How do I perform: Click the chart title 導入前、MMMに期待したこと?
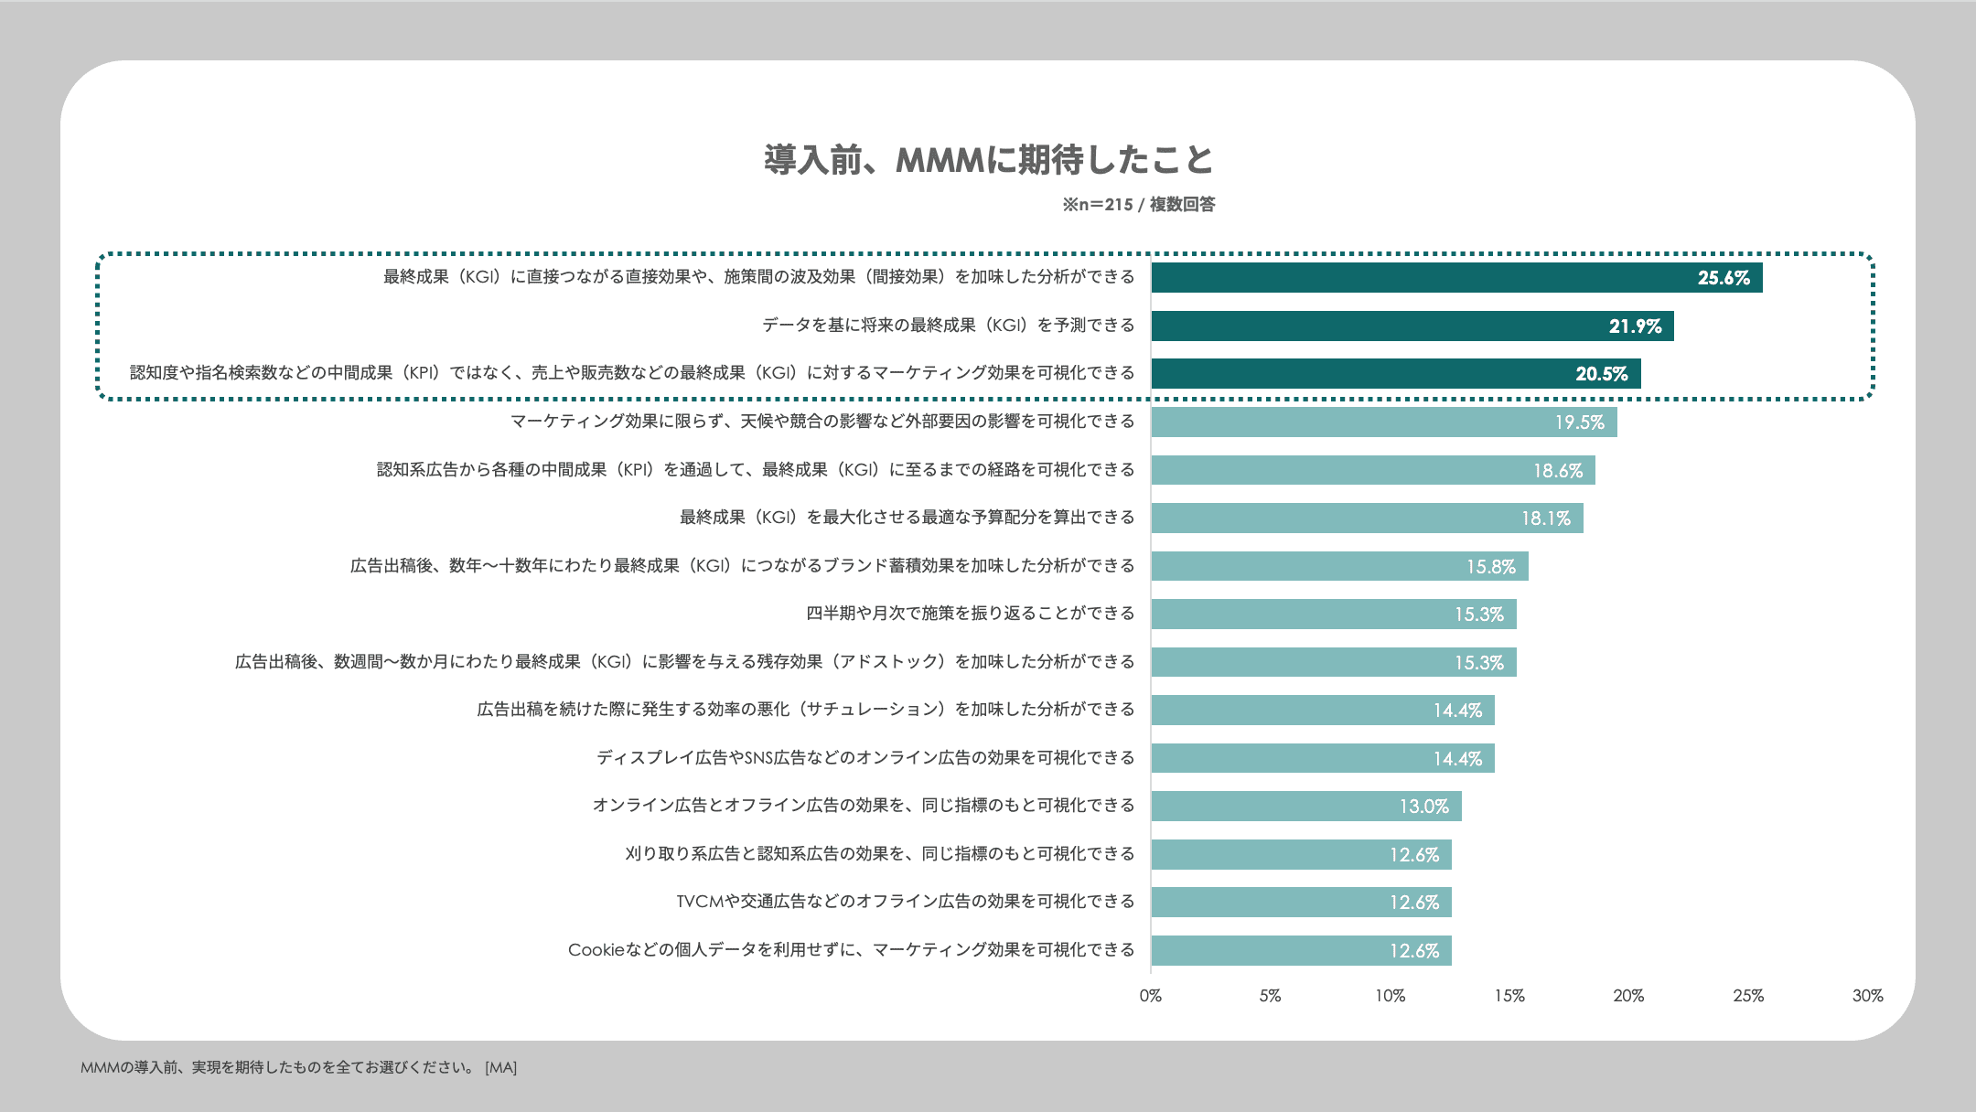(x=988, y=160)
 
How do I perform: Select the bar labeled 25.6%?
(x=1455, y=278)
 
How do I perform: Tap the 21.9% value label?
(x=1635, y=326)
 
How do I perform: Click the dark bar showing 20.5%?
(x=1395, y=374)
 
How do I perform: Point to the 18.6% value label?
(x=1557, y=471)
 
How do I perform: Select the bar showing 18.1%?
(x=1367, y=519)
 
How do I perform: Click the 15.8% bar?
(x=1339, y=566)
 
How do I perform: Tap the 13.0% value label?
(x=1423, y=807)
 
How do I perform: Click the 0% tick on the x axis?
(x=1150, y=996)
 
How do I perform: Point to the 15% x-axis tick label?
(x=1509, y=996)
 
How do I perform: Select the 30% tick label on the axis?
(x=1867, y=996)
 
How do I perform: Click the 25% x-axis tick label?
(x=1747, y=996)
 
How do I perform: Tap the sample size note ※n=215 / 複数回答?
(x=1138, y=205)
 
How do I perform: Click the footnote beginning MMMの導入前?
(x=298, y=1067)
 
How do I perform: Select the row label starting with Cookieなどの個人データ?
(x=851, y=950)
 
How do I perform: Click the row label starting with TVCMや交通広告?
(x=905, y=902)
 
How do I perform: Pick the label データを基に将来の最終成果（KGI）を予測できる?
(x=948, y=326)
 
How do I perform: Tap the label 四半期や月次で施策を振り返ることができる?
(x=970, y=614)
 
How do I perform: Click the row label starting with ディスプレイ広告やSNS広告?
(x=865, y=758)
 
